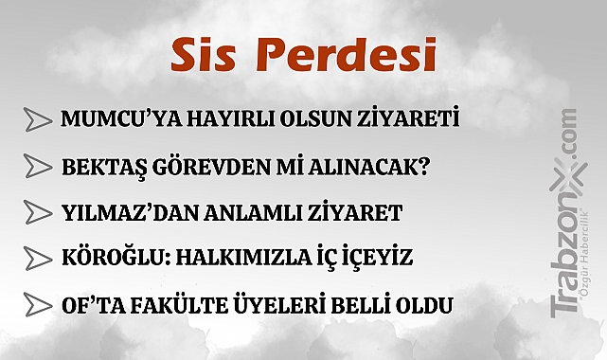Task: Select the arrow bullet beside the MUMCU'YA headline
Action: [x=38, y=120]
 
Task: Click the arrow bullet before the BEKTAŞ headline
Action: [x=38, y=167]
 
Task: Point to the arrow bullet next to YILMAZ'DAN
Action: [x=38, y=212]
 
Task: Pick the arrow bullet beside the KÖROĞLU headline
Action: [x=38, y=259]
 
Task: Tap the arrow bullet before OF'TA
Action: [x=38, y=305]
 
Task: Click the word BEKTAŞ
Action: [x=100, y=167]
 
